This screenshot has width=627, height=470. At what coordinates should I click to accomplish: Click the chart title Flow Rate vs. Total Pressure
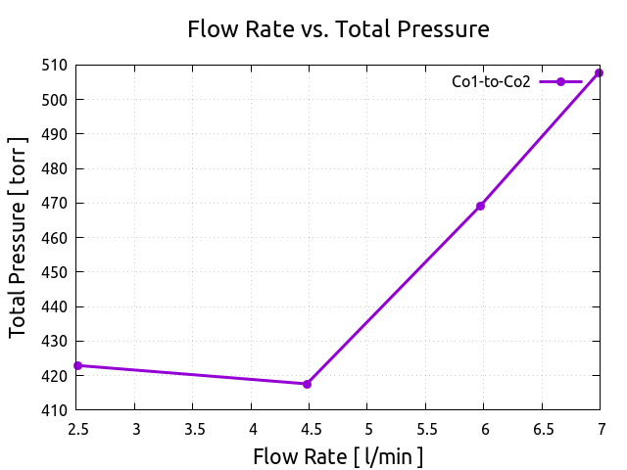click(x=338, y=29)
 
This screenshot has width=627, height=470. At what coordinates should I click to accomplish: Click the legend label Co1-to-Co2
click(x=491, y=82)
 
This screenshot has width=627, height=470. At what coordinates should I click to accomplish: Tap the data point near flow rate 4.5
click(x=307, y=384)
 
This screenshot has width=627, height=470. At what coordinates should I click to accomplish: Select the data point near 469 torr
click(x=481, y=206)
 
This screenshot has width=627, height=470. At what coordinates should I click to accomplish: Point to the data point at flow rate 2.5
click(x=76, y=365)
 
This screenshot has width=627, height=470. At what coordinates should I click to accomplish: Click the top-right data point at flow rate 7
click(x=599, y=72)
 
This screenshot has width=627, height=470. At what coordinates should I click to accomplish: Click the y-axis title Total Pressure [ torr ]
click(x=19, y=237)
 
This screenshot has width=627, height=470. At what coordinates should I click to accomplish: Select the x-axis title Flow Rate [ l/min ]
click(x=338, y=456)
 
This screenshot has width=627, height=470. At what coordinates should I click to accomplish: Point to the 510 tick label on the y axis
click(x=55, y=65)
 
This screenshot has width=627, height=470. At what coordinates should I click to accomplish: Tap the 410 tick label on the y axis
click(x=55, y=410)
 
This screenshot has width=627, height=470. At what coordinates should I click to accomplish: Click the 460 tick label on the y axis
click(x=55, y=238)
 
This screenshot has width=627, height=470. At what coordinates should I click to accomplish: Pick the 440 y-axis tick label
click(x=55, y=306)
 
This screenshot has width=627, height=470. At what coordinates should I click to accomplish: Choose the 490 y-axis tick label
click(x=55, y=134)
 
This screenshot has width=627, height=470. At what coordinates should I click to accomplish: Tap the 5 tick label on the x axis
click(x=367, y=428)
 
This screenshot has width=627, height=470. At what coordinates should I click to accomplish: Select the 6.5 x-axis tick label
click(x=542, y=428)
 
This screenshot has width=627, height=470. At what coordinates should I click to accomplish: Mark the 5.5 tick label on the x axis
click(x=425, y=428)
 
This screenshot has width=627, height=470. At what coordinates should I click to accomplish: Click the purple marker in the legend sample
click(x=560, y=82)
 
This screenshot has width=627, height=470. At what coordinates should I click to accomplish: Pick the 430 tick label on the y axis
click(x=55, y=341)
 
